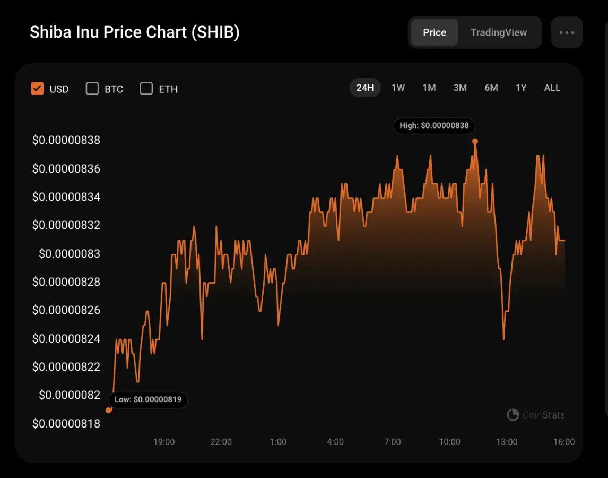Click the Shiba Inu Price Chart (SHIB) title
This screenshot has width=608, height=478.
(135, 32)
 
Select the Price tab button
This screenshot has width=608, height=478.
(434, 32)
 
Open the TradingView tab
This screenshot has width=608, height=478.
(498, 32)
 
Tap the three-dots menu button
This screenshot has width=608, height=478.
(567, 32)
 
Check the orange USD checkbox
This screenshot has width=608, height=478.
(37, 89)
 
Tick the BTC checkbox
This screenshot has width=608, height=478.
(92, 89)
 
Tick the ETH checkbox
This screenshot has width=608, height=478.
(146, 89)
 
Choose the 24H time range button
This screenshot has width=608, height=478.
(365, 88)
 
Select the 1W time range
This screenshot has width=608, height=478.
(398, 88)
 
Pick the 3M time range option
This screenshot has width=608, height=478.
(460, 88)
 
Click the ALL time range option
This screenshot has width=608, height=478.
(552, 88)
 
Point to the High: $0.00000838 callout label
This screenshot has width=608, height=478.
(434, 126)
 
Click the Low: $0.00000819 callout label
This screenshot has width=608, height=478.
(148, 399)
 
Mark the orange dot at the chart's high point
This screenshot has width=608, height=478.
(475, 141)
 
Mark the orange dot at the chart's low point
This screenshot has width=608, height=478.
(109, 410)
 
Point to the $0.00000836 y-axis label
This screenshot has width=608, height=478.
(66, 169)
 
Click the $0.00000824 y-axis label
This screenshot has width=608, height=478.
(66, 338)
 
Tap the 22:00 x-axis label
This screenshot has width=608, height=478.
(221, 442)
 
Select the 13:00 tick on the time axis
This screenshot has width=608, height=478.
(507, 442)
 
